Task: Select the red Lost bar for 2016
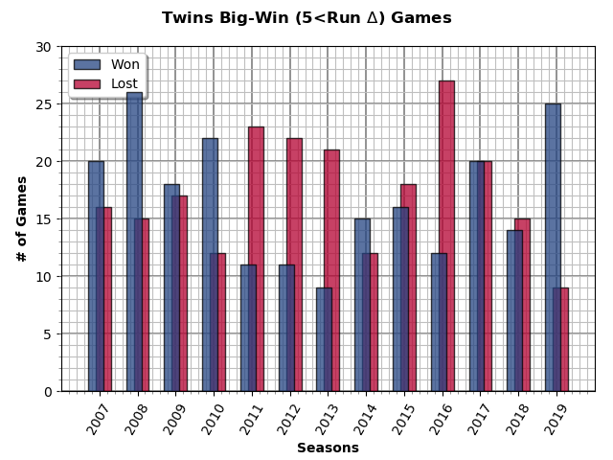pos(446,236)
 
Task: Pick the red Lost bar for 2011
pos(256,259)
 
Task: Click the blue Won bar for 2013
pos(324,339)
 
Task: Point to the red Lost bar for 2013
pos(332,270)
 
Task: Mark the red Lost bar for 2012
pos(294,264)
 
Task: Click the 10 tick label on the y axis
pos(44,276)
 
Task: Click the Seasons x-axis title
pos(328,448)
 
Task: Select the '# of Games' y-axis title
pos(21,218)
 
